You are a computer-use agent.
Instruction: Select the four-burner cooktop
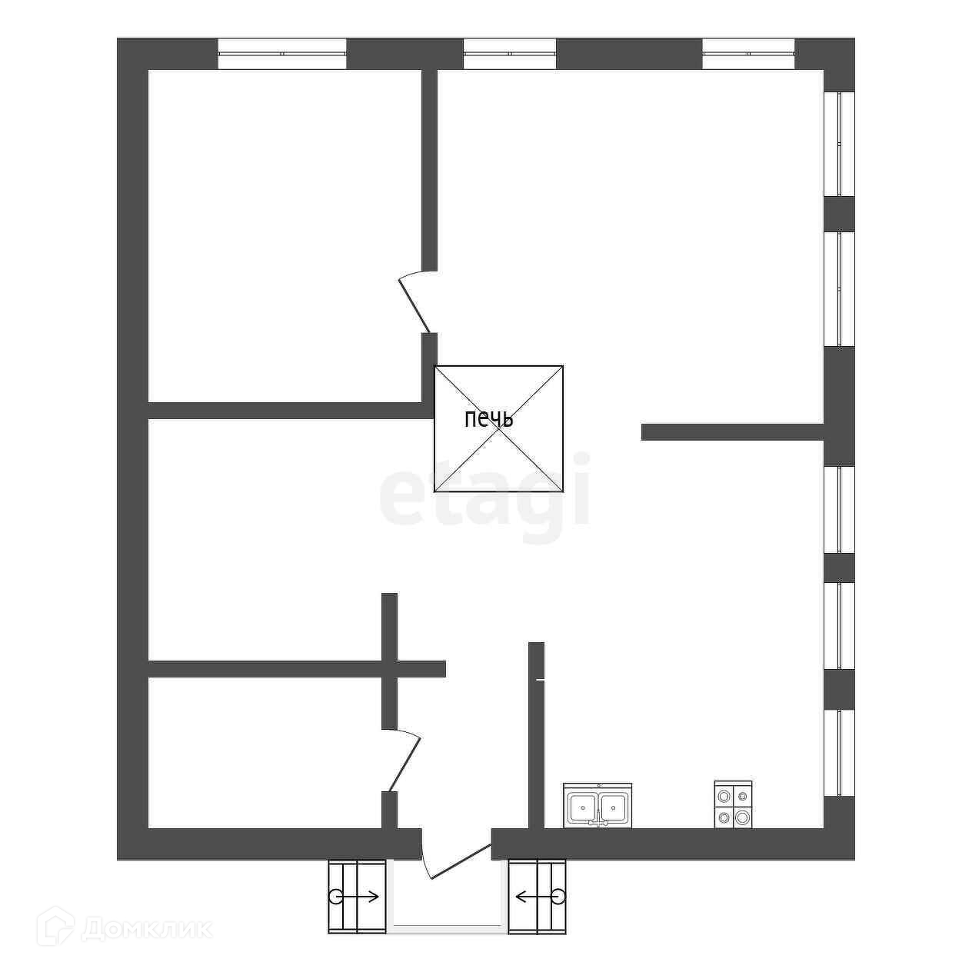tap(733, 805)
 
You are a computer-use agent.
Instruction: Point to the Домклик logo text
tap(146, 928)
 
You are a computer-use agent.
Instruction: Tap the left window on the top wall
tap(281, 54)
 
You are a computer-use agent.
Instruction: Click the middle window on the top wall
tap(509, 54)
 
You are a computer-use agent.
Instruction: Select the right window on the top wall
tap(748, 54)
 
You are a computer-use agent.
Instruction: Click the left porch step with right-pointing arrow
tap(357, 896)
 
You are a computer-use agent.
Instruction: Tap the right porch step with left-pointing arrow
tap(537, 896)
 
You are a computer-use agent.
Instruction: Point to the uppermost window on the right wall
tap(839, 144)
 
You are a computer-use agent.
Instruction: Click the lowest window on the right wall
tap(839, 752)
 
